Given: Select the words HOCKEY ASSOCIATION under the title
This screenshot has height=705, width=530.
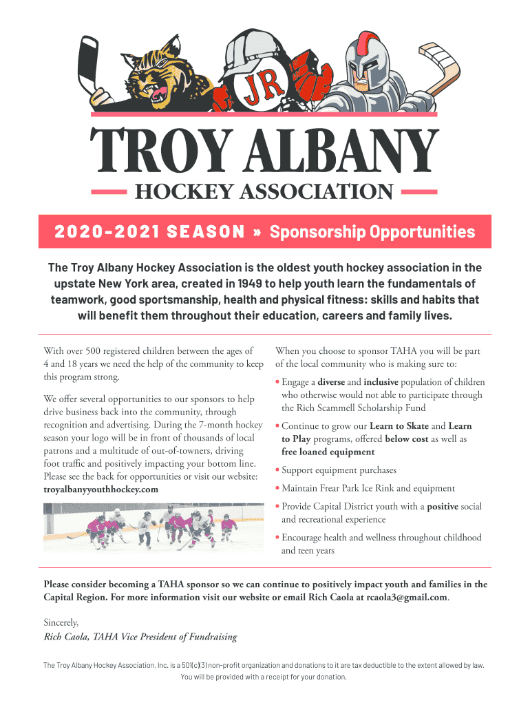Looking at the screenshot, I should pyautogui.click(x=264, y=191).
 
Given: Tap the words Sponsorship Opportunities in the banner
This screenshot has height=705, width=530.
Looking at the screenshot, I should pyautogui.click(x=372, y=231).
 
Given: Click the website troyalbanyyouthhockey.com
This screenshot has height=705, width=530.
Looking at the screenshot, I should pyautogui.click(x=100, y=489).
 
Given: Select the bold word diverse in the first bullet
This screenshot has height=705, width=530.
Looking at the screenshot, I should pyautogui.click(x=331, y=382).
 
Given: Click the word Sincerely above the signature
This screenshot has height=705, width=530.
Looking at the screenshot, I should pyautogui.click(x=61, y=622).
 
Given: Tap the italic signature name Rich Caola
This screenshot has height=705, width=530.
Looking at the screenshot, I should pyautogui.click(x=67, y=637).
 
